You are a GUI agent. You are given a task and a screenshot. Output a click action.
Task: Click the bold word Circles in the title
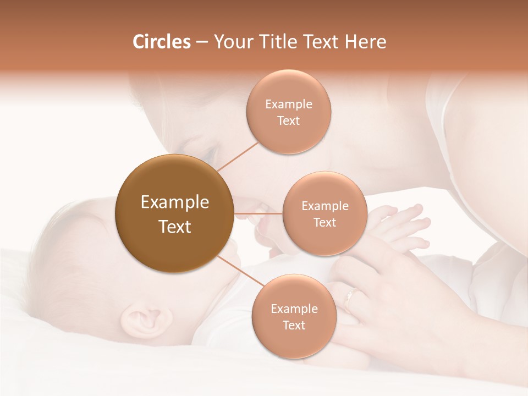pyautogui.click(x=161, y=42)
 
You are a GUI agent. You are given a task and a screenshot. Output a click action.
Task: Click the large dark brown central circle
pyautogui.click(x=174, y=213)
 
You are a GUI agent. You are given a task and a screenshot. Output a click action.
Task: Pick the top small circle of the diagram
pyautogui.click(x=288, y=112)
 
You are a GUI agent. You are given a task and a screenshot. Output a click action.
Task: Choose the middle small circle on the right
pyautogui.click(x=324, y=213)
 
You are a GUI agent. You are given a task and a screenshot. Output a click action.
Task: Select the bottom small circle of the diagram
pyautogui.click(x=293, y=316)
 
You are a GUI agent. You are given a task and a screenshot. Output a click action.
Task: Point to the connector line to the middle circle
pyautogui.click(x=258, y=213)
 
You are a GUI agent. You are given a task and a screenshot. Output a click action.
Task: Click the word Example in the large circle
pyautogui.click(x=174, y=202)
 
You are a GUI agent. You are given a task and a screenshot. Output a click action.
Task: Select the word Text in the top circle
pyautogui.click(x=288, y=121)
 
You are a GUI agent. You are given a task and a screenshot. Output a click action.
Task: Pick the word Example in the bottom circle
pyautogui.click(x=294, y=309)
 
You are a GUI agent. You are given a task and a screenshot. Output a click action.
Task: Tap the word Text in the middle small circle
pyautogui.click(x=324, y=223)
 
